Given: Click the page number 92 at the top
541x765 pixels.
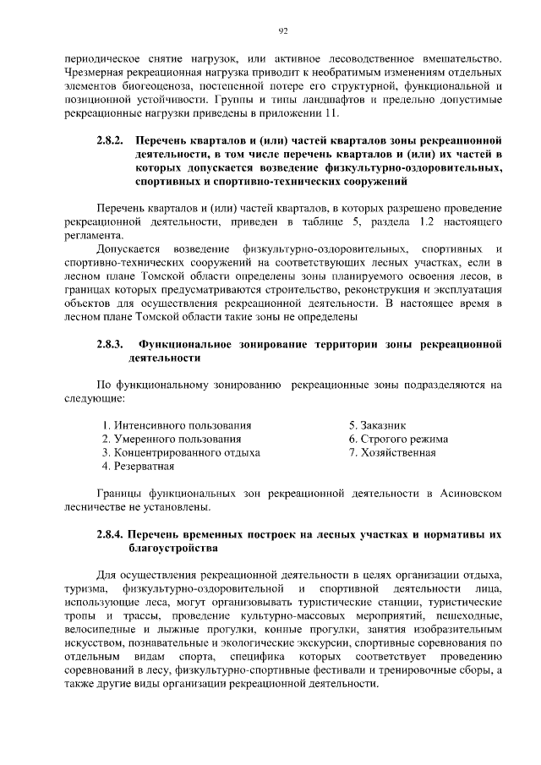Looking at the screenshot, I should point(282,31).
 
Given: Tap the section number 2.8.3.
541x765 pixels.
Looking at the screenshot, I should point(109,345).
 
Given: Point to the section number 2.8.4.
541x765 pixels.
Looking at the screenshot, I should point(112,536).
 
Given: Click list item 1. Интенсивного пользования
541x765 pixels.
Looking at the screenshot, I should point(176,426).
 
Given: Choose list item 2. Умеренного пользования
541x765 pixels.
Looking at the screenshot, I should point(171,440).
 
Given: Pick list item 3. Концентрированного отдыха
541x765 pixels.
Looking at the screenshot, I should point(180,453).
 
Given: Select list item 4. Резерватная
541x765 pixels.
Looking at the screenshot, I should point(138,466).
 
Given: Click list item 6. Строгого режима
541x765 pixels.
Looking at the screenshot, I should point(398,440).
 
